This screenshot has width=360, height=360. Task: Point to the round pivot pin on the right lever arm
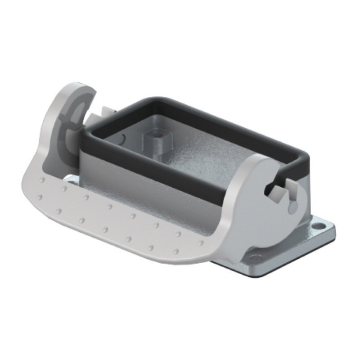(x=293, y=206)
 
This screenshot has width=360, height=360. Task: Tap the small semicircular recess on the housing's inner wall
(x=122, y=137)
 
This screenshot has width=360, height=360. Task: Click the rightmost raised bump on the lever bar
(x=201, y=243)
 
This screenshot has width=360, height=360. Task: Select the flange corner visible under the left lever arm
(x=70, y=180)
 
